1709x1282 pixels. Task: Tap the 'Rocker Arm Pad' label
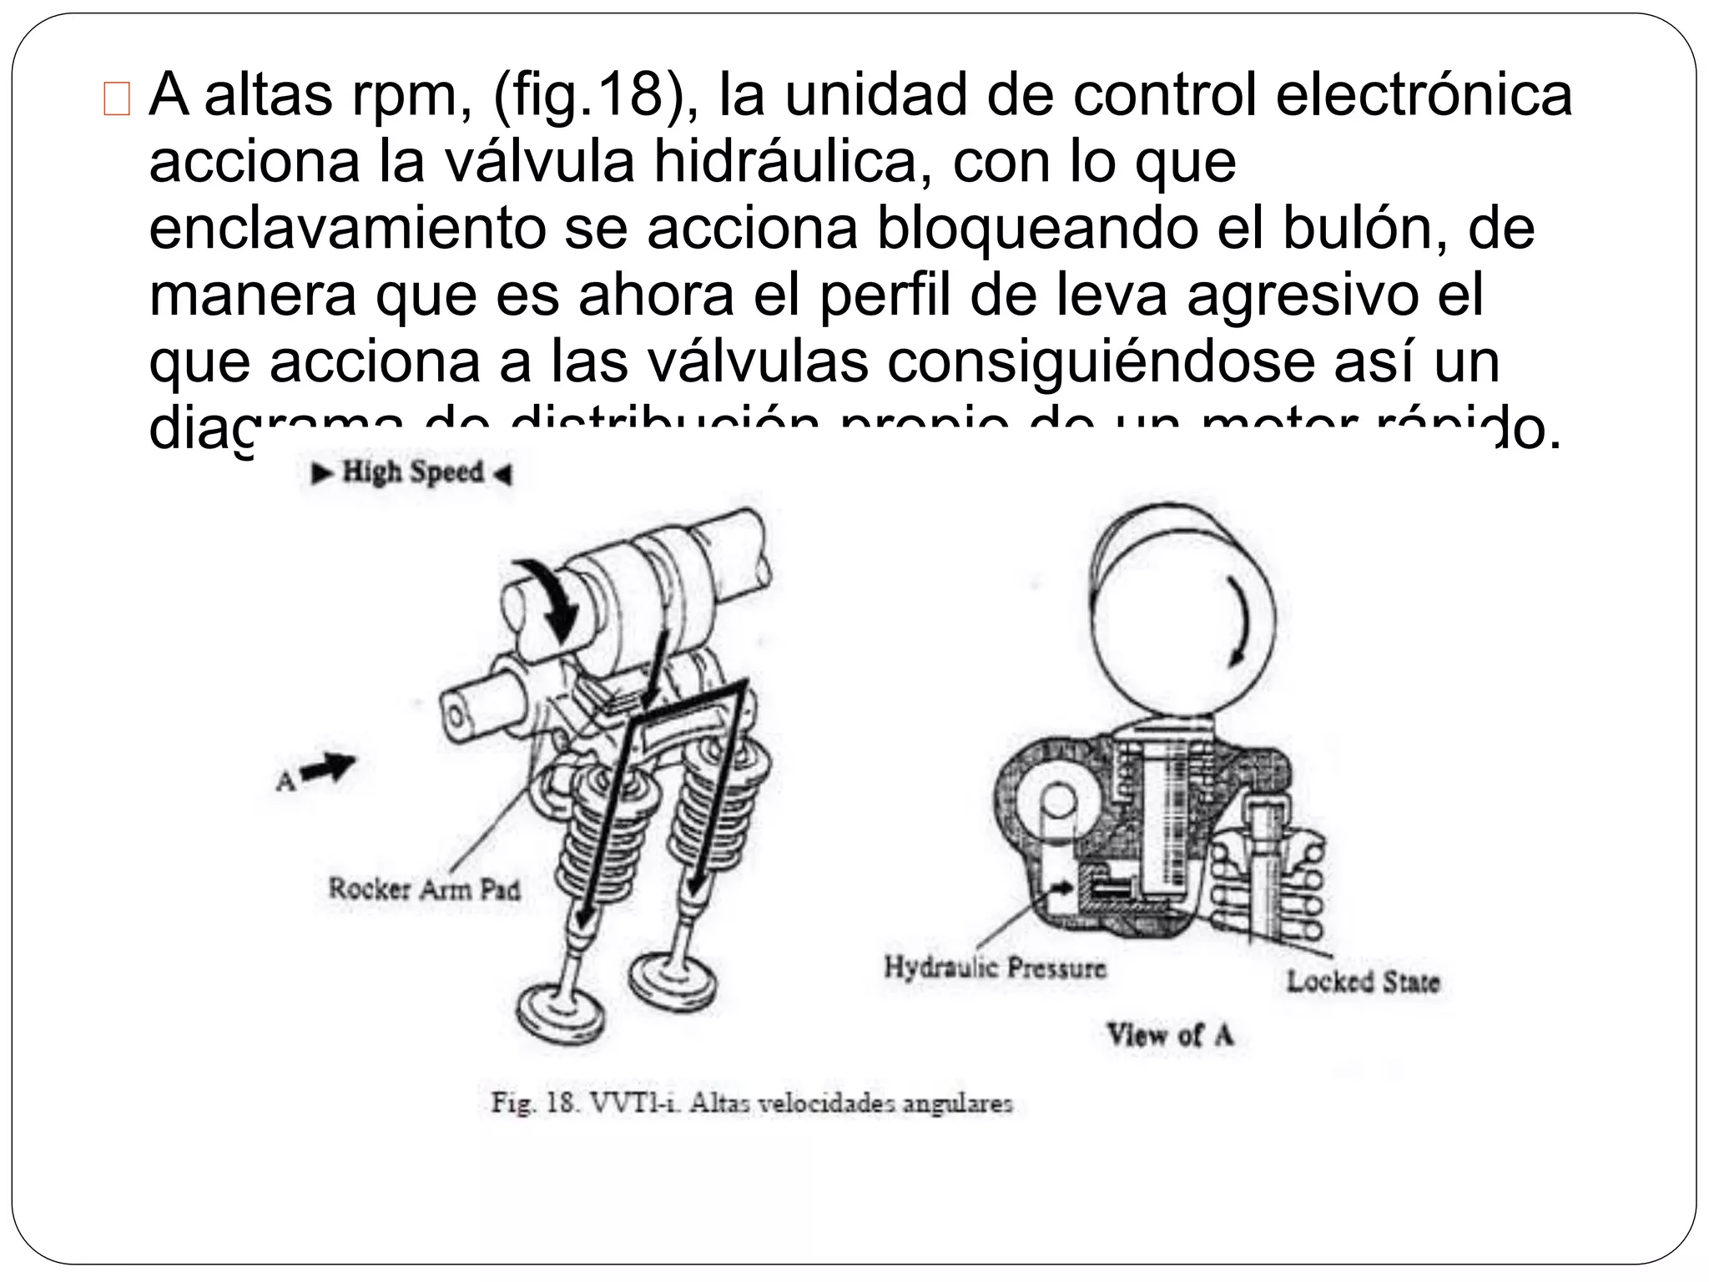click(424, 888)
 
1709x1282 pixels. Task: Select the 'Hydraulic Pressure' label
click(995, 968)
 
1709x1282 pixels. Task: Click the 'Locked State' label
click(1363, 981)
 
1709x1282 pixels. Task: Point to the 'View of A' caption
click(1169, 1035)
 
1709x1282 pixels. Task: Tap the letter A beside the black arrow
click(285, 781)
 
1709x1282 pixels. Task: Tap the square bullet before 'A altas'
click(118, 99)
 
